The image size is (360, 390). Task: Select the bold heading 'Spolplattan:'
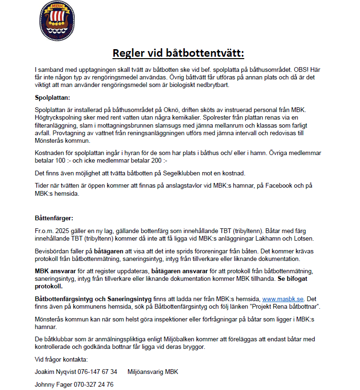[x=52, y=98]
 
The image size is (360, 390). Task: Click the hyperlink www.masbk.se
[x=283, y=299]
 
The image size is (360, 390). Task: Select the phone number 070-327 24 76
[x=94, y=384]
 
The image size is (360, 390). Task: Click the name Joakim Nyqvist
[x=53, y=372]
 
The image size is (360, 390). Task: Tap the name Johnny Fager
[x=53, y=384]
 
